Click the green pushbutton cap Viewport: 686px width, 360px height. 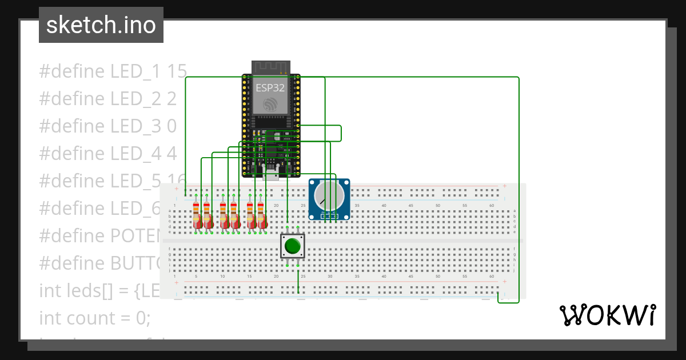(x=293, y=246)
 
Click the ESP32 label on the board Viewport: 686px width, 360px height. (x=270, y=88)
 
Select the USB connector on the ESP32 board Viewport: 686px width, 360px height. (x=271, y=174)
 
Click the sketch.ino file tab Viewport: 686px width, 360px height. (x=101, y=25)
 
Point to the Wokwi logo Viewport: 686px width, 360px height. (x=607, y=315)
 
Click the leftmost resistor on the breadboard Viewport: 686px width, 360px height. (x=196, y=215)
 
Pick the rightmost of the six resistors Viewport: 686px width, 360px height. (x=261, y=215)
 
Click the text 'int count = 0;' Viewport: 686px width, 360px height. (x=95, y=318)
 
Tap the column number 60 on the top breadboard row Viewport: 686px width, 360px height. (x=492, y=206)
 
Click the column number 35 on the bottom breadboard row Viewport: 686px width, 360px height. (x=357, y=276)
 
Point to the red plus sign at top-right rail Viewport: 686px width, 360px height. (x=504, y=186)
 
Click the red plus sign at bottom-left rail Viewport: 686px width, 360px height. (x=176, y=281)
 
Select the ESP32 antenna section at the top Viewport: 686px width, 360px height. (x=270, y=67)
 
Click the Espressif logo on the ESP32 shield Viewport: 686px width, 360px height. (x=270, y=104)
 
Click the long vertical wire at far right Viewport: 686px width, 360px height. (x=519, y=189)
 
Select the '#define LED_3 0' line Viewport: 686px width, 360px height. (x=107, y=126)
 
